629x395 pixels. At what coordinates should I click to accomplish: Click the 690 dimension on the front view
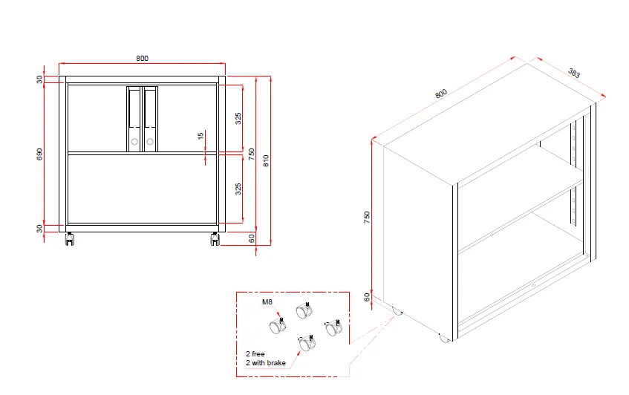[x=40, y=153]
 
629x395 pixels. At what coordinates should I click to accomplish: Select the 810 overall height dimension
[x=267, y=160]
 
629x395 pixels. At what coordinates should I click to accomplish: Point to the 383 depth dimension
[x=574, y=73]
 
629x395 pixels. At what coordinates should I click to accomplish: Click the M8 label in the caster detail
[x=267, y=302]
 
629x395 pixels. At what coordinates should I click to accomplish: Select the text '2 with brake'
[x=265, y=362]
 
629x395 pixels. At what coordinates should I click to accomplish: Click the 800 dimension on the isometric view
[x=441, y=94]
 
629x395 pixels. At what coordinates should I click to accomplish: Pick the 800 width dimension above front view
[x=142, y=58]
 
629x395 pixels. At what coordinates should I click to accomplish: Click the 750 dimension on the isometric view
[x=367, y=217]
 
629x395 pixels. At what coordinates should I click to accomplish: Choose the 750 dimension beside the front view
[x=252, y=154]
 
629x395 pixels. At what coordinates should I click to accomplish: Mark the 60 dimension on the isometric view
[x=367, y=297]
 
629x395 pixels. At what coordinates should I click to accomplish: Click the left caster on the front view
[x=70, y=239]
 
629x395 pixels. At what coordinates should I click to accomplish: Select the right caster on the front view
[x=215, y=239]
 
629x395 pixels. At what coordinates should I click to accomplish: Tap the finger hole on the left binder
[x=134, y=142]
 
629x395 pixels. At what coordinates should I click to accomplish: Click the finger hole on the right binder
[x=150, y=142]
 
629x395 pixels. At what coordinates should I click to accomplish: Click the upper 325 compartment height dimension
[x=238, y=118]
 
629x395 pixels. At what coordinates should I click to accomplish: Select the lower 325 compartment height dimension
[x=238, y=189]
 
